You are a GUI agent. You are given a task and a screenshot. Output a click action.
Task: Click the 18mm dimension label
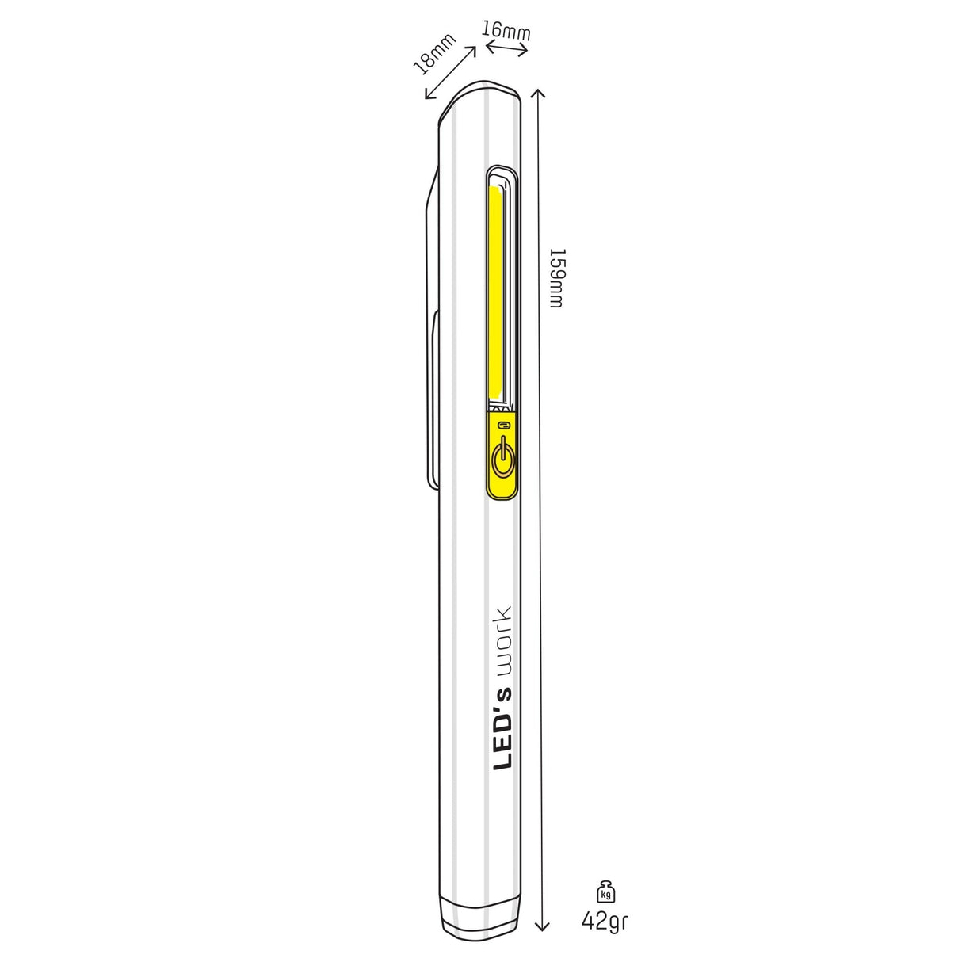(x=435, y=54)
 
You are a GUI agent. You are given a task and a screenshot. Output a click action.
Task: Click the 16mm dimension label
(x=506, y=30)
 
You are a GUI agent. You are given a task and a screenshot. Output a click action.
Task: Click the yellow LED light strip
(x=497, y=293)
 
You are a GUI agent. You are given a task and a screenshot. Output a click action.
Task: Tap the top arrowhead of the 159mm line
(x=540, y=94)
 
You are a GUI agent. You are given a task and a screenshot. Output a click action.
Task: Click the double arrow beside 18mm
(x=450, y=73)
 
